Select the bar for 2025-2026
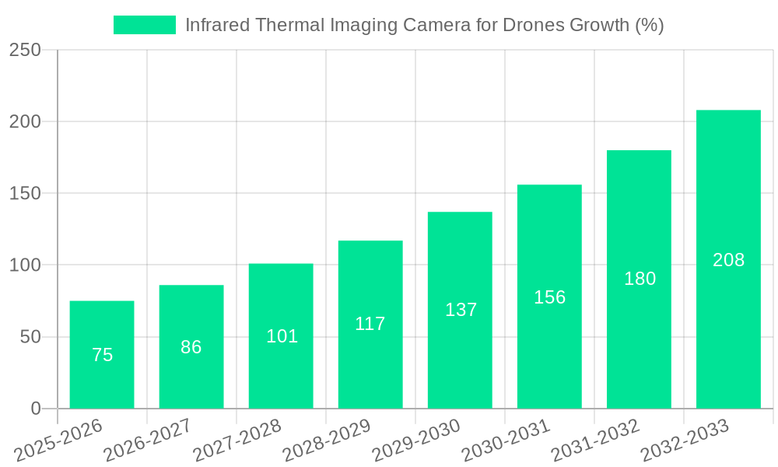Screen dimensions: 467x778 102,354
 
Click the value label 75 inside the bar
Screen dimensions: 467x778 102,355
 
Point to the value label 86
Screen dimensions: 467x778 191,347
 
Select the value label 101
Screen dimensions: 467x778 282,336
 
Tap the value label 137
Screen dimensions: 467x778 461,310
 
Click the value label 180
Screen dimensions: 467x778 640,279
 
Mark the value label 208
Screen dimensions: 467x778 728,260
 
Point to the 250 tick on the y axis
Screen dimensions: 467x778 25,50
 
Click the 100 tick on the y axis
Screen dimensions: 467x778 25,265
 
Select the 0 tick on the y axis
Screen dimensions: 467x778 36,409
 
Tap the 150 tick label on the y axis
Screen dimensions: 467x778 25,193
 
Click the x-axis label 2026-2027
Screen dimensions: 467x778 148,439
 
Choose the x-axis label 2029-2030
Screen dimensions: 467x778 416,439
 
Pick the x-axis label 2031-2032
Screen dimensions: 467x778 595,439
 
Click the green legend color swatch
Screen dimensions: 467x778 145,25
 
